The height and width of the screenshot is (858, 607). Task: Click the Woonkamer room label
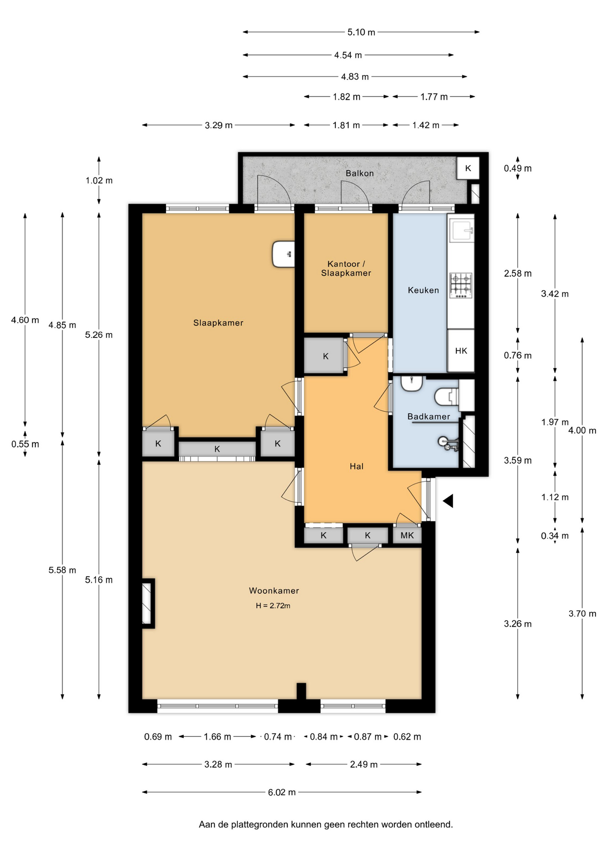274,590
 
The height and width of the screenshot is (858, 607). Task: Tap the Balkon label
359,173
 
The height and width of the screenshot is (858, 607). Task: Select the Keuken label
423,290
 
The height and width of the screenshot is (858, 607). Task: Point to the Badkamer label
429,416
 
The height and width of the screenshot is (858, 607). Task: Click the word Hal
356,466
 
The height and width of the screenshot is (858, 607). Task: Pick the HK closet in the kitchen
461,351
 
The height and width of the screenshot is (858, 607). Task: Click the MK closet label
407,535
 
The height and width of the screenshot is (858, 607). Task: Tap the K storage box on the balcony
468,168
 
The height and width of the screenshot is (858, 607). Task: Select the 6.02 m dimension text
282,792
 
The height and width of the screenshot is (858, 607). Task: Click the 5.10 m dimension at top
361,32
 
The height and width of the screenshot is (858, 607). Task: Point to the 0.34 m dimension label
555,536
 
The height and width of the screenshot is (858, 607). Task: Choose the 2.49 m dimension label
364,764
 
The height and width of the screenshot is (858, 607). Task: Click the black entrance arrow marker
448,501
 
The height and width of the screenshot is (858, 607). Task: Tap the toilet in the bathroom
446,396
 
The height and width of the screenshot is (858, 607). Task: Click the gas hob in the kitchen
461,286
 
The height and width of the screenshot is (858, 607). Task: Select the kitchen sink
462,230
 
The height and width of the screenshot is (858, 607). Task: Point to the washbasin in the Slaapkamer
283,254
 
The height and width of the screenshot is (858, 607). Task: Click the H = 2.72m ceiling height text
273,606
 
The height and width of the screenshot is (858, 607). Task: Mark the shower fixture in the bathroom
448,443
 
